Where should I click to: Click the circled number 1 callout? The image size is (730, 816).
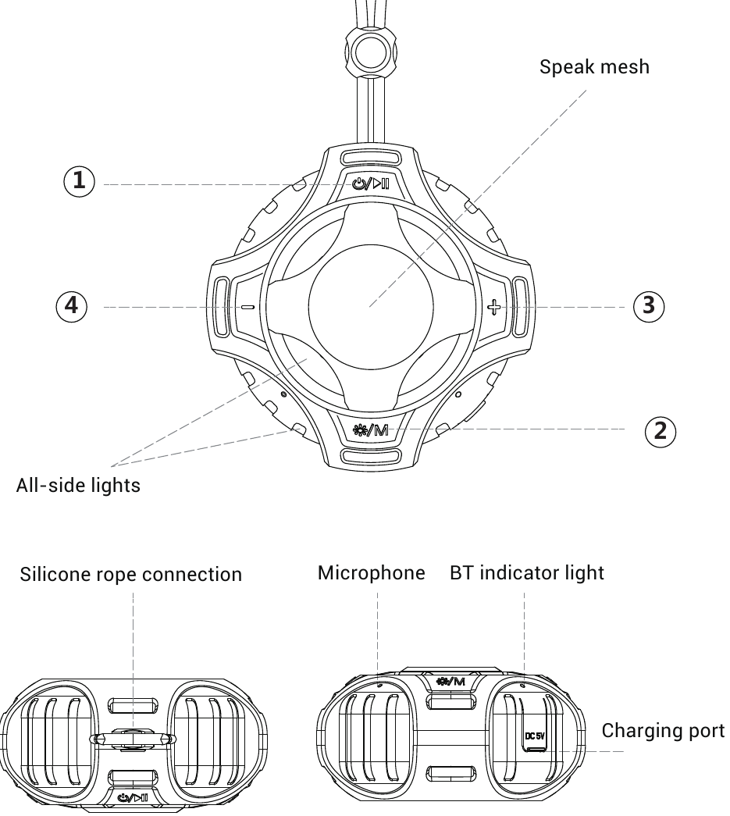coord(79,181)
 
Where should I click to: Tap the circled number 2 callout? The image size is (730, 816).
coord(661,431)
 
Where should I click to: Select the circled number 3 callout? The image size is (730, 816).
coord(648,305)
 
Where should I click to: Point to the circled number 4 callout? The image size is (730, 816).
coord(71,305)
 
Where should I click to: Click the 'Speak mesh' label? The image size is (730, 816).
coord(594,67)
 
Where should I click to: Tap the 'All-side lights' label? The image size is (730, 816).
coord(78,485)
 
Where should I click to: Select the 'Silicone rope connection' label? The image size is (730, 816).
coord(131,575)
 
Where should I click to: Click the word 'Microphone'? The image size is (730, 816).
coord(372,573)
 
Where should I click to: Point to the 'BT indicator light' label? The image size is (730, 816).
coord(527,573)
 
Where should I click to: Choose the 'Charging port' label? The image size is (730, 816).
coord(664,731)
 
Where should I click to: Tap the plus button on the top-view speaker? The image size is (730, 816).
coord(493,307)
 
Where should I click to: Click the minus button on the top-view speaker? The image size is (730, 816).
coord(248,307)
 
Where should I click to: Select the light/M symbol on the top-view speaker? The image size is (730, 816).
coord(370,429)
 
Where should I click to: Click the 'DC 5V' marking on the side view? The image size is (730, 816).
coord(534,736)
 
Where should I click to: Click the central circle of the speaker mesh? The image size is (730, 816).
coord(371,307)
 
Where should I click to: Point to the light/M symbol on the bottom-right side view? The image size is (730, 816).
coord(450,681)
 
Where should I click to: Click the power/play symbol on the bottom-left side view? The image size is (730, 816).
coord(134,798)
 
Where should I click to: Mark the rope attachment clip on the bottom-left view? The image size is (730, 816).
coord(133,739)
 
